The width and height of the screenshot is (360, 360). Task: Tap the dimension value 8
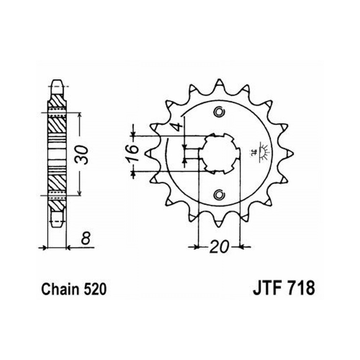click(86, 239)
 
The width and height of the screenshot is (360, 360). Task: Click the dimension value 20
click(220, 247)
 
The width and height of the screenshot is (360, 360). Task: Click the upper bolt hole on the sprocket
click(219, 112)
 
